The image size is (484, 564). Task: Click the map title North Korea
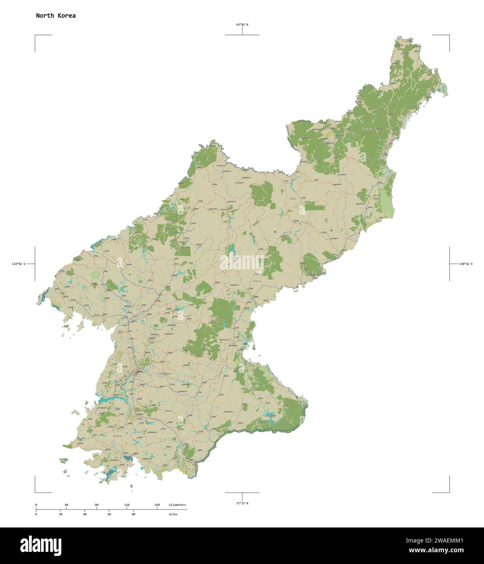point(56,16)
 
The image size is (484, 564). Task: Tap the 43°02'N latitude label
point(242,25)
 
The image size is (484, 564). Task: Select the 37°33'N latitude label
point(242,503)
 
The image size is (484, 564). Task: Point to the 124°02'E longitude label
point(19,264)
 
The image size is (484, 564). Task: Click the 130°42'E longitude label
point(466,264)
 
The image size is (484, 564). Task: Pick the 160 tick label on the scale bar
point(157,505)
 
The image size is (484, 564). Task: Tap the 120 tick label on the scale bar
point(127,505)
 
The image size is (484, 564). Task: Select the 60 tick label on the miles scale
point(109,514)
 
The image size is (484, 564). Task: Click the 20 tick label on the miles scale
point(61,514)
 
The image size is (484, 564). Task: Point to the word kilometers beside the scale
point(177,505)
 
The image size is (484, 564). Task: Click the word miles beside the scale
point(173,514)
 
